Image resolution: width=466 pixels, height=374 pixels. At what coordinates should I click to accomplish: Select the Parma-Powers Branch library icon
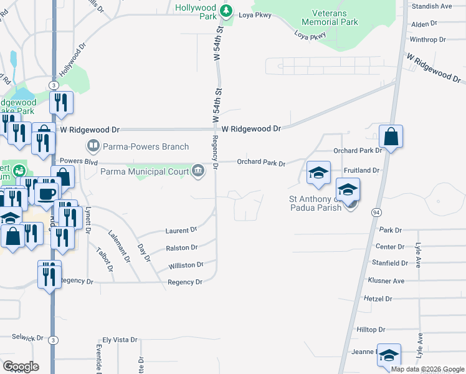point(93,146)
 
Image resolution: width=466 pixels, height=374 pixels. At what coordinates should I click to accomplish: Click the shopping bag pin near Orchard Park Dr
point(391,137)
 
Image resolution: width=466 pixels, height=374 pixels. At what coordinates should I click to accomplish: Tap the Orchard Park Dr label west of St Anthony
point(261,163)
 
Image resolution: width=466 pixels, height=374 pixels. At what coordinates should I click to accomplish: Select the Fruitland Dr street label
point(361,170)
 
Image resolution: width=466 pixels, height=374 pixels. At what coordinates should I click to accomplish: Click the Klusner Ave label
point(386,281)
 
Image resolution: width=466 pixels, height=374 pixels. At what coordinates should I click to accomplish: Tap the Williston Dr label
point(186,265)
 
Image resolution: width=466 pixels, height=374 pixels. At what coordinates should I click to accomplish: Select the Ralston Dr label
point(182,248)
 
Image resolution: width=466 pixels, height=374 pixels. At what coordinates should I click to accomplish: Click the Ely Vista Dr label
point(120,340)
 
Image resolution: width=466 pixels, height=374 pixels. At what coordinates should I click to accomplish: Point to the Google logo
point(20,367)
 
